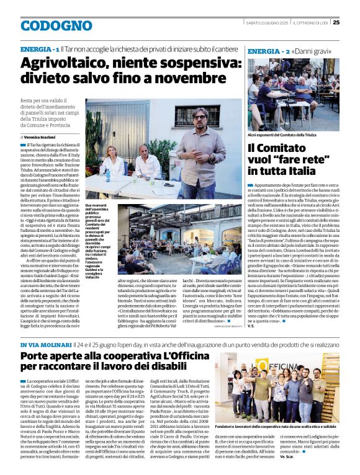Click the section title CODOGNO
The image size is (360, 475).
[47, 25]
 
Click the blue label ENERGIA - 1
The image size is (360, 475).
[40, 48]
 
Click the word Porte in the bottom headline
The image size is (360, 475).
[38, 357]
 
